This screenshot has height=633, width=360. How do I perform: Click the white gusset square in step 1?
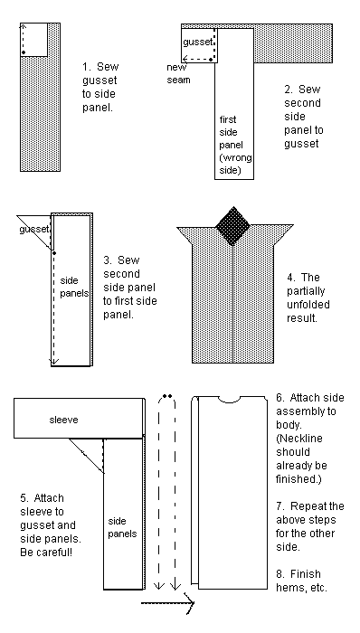(x=33, y=40)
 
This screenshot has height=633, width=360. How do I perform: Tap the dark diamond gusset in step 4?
(x=233, y=226)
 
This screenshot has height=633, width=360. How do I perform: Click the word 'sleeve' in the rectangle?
(x=63, y=420)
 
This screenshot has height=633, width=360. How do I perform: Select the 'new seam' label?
(x=178, y=73)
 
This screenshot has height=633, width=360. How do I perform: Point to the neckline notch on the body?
(x=230, y=400)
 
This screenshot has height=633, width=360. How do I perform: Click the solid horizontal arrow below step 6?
(x=167, y=603)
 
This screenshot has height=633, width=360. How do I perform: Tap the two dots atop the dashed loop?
(x=167, y=396)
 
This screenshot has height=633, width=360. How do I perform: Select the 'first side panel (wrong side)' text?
(x=235, y=145)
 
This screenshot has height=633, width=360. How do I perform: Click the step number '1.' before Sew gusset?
(x=87, y=67)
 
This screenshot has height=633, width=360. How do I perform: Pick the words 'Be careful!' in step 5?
(x=46, y=552)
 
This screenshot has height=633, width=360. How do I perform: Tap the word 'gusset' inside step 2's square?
(x=198, y=42)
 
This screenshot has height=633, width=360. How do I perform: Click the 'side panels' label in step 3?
(x=74, y=287)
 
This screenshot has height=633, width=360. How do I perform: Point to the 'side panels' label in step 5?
(x=122, y=527)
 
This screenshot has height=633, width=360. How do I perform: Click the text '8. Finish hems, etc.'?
(x=301, y=581)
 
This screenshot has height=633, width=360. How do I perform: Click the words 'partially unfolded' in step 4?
(x=308, y=298)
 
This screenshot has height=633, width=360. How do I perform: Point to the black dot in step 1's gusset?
(x=24, y=52)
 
